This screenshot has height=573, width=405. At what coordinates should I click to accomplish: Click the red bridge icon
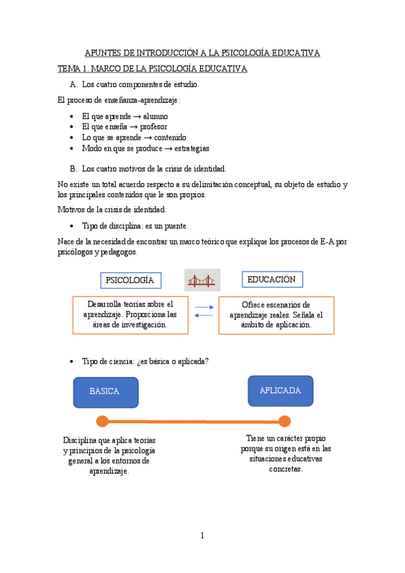click(x=202, y=280)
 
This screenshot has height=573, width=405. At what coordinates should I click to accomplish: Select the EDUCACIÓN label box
click(x=271, y=279)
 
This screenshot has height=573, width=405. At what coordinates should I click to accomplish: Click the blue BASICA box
click(x=105, y=392)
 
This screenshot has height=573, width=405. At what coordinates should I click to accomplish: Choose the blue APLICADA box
click(x=281, y=391)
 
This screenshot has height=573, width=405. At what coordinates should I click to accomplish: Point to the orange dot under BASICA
click(x=102, y=422)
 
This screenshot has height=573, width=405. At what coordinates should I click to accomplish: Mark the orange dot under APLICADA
click(x=285, y=422)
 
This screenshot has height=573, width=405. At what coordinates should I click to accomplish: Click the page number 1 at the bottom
click(x=201, y=536)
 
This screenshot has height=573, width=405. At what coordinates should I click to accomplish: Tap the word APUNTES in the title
click(x=105, y=53)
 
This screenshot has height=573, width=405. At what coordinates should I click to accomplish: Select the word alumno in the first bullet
click(x=156, y=116)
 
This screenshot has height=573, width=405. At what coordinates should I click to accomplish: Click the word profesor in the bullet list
click(x=153, y=126)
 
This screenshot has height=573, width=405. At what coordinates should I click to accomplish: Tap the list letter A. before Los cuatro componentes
click(x=74, y=85)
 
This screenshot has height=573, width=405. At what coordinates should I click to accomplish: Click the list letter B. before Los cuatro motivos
click(x=74, y=168)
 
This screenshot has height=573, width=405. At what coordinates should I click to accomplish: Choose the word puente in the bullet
click(x=175, y=226)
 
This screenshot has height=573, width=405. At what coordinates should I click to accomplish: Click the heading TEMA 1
click(x=72, y=69)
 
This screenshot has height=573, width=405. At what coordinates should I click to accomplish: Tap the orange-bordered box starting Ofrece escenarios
click(x=276, y=315)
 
